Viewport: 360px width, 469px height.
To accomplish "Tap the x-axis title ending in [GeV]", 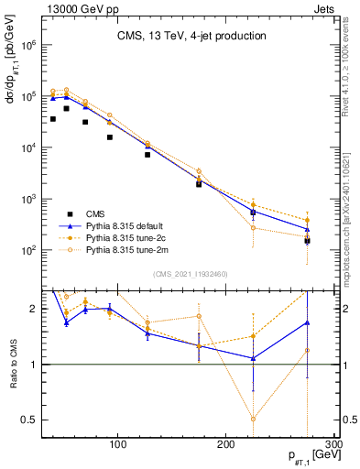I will click(308, 455).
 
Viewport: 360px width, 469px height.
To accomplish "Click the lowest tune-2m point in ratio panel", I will click(253, 419).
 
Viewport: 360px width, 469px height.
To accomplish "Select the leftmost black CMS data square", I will click(52, 119).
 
